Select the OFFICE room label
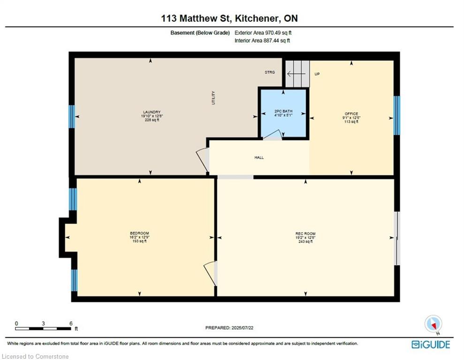351,114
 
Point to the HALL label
259,157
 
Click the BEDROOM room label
139,233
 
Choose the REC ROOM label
305,233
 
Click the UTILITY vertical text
213,97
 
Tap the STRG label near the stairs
269,72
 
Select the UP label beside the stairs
317,74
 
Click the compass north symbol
433,324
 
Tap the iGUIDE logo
430,345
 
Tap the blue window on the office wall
396,115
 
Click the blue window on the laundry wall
72,117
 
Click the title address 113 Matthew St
229,19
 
